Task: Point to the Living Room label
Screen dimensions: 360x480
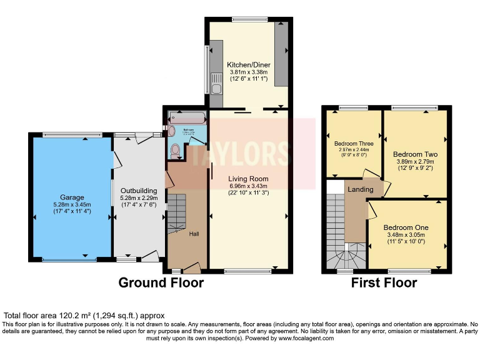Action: (248, 178)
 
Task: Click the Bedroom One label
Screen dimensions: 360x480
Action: (407, 227)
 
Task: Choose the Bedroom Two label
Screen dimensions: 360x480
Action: (415, 154)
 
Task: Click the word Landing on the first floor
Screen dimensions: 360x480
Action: (361, 189)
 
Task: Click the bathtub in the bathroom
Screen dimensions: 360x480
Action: (187, 118)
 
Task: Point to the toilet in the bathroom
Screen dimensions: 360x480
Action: (176, 150)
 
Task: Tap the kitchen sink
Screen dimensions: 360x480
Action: (216, 87)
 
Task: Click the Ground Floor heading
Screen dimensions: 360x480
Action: (161, 283)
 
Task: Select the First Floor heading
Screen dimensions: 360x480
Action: (384, 283)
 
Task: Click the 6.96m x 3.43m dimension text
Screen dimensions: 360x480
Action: (248, 186)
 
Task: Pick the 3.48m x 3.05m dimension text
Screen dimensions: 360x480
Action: (407, 234)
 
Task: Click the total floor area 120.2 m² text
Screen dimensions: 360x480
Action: (84, 316)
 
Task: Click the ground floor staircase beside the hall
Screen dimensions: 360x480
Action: (177, 212)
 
